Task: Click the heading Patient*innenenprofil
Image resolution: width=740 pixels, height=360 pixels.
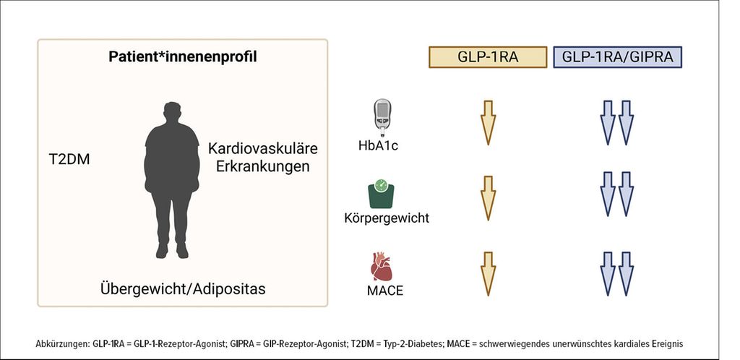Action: point(182,56)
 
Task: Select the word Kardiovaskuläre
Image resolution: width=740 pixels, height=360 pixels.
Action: point(262,149)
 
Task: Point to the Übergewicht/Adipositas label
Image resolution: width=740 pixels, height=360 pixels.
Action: point(183,289)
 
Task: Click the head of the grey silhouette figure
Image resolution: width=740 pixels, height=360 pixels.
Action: point(173,113)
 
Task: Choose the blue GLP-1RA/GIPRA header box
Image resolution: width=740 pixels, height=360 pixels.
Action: point(617,58)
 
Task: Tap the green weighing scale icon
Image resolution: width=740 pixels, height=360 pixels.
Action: point(381,193)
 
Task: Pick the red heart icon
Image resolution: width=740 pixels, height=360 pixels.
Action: point(382,267)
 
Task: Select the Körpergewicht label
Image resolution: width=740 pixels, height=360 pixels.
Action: point(386,218)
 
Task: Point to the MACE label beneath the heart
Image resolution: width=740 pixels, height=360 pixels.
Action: point(383,291)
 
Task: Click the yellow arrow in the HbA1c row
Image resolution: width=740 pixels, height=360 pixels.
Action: point(489,121)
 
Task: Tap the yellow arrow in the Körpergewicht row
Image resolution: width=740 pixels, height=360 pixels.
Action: point(489,197)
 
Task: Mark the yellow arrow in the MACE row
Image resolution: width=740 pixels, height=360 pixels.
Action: point(489,272)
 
